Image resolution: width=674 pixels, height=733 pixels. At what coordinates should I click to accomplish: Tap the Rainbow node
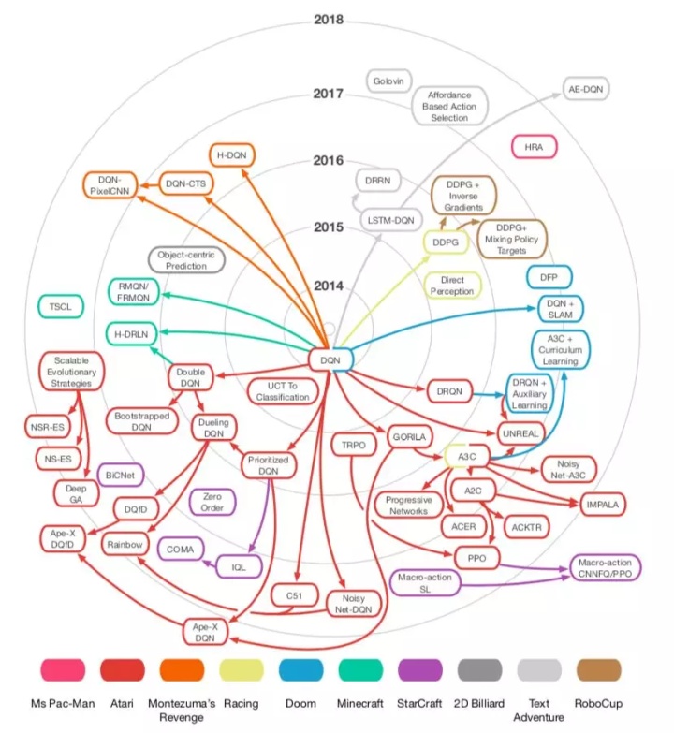click(x=125, y=544)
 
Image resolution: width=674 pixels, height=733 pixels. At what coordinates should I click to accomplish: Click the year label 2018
click(x=329, y=19)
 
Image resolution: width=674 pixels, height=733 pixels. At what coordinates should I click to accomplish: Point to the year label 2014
click(x=329, y=286)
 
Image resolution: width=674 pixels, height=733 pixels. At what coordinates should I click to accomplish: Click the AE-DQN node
click(x=591, y=91)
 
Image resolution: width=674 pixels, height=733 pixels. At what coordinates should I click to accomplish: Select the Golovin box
click(x=388, y=81)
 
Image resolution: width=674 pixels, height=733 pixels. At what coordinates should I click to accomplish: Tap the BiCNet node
click(x=119, y=475)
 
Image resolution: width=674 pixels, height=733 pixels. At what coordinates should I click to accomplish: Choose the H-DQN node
click(x=231, y=155)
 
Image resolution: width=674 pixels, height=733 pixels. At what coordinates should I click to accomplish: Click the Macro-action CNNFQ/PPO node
click(x=609, y=567)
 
